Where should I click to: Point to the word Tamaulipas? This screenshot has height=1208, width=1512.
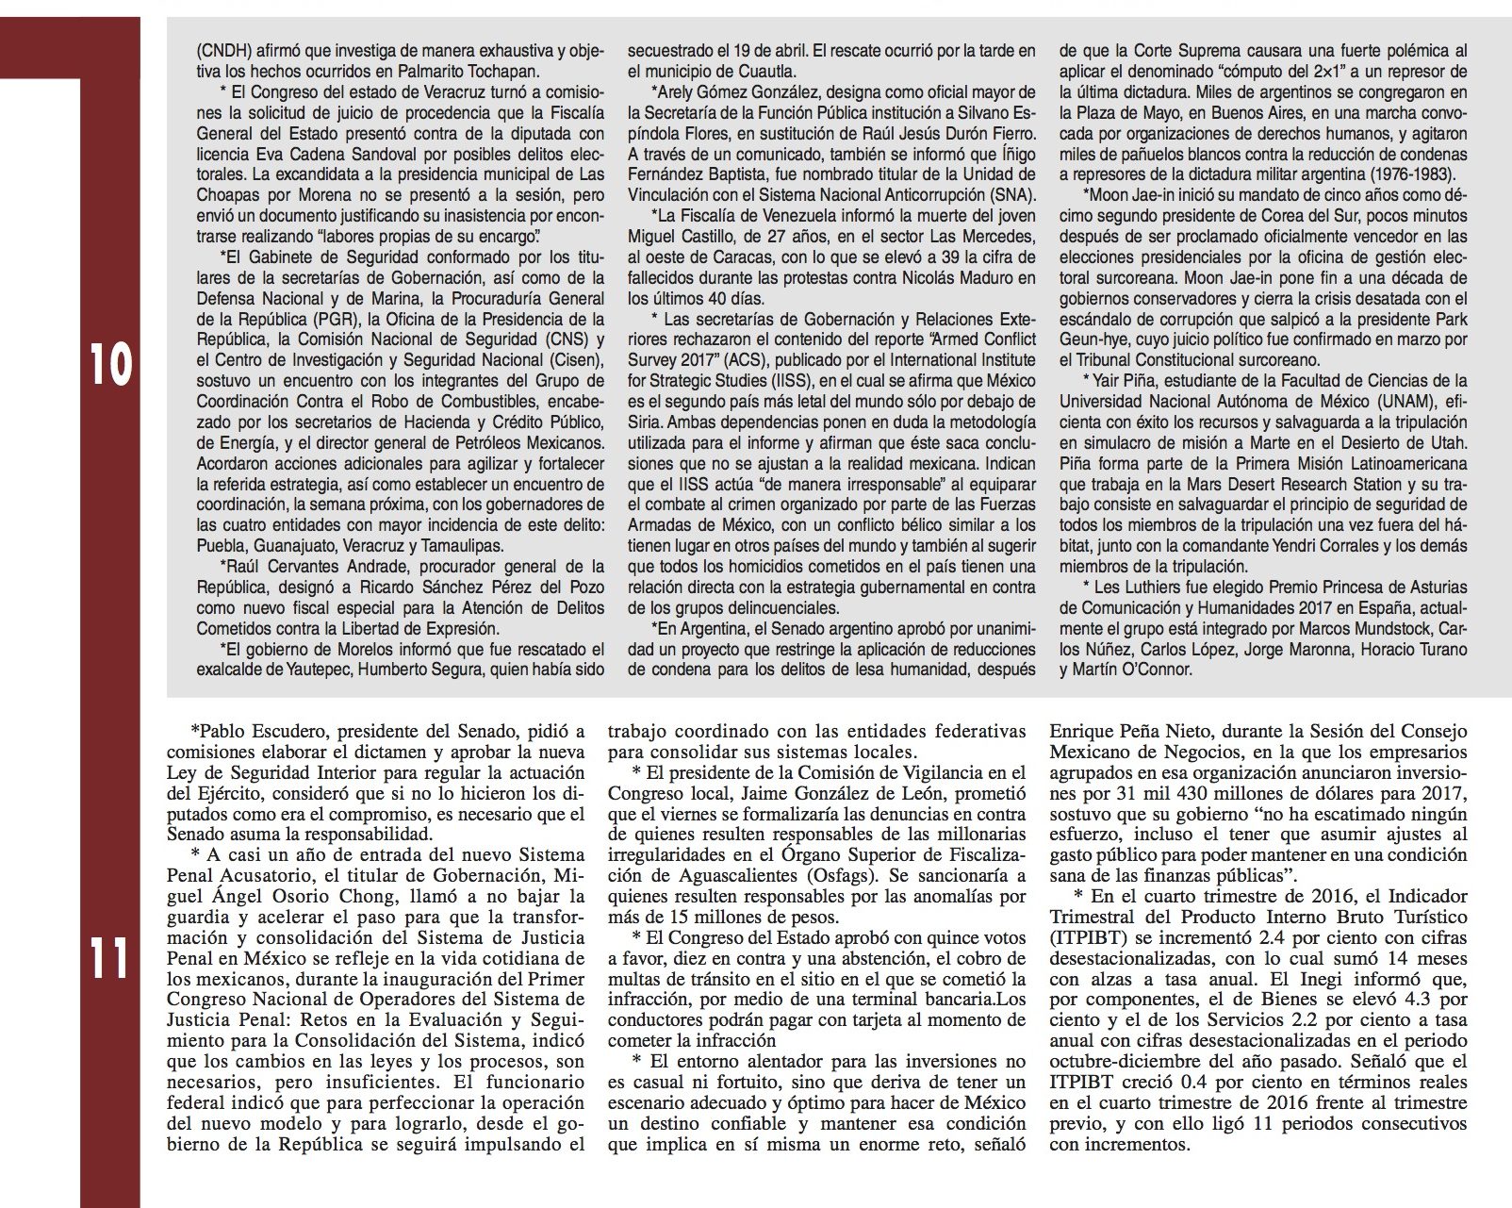(x=462, y=546)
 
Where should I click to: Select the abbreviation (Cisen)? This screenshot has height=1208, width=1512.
(x=574, y=359)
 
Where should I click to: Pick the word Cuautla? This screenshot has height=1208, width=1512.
(x=767, y=70)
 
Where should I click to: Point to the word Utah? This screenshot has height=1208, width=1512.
(x=1443, y=442)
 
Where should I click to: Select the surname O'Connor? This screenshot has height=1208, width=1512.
(x=1150, y=670)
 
